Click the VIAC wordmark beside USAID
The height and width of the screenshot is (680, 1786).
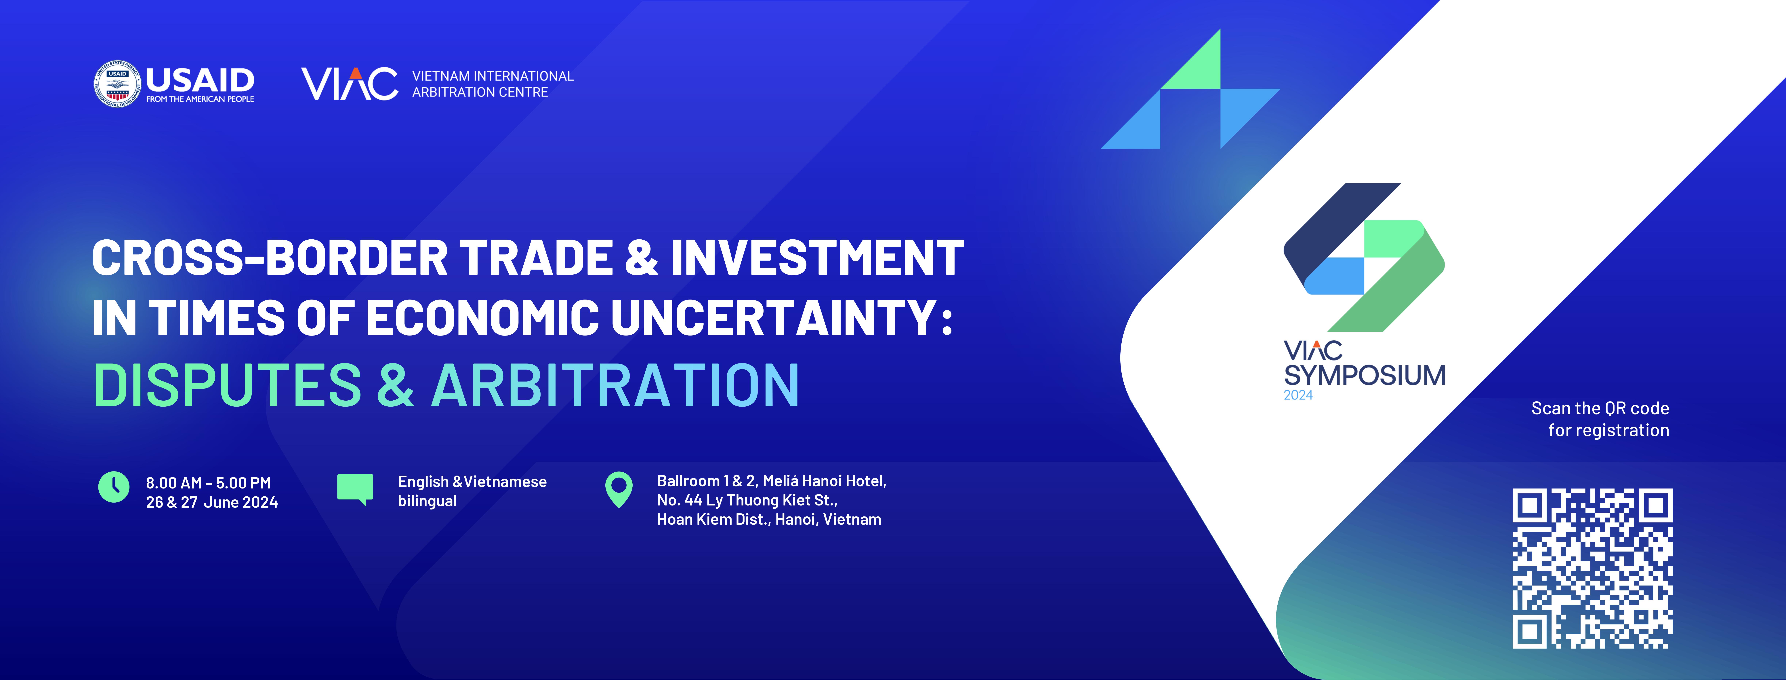point(349,84)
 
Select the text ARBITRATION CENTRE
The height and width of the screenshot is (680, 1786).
point(480,92)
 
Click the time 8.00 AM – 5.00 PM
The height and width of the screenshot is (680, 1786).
point(208,483)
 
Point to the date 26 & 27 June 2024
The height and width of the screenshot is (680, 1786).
point(211,502)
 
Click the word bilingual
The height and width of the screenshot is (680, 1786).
point(427,501)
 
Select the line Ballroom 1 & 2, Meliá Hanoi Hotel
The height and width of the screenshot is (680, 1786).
point(772,481)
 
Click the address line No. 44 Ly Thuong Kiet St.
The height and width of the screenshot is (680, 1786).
point(747,500)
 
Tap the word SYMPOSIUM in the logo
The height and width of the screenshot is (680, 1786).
point(1365,375)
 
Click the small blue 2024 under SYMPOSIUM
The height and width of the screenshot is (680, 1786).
point(1298,395)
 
